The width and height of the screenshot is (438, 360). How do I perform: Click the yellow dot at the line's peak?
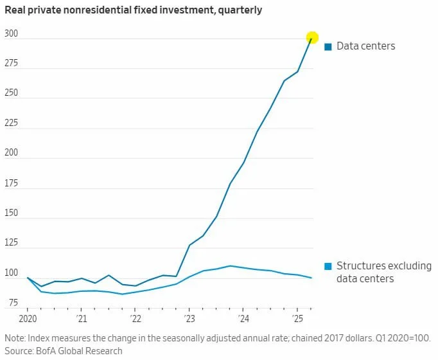point(312,38)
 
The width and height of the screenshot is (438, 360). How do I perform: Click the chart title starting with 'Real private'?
point(133,11)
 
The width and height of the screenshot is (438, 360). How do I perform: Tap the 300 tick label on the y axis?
point(13,33)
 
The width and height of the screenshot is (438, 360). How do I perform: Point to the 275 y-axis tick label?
point(13,64)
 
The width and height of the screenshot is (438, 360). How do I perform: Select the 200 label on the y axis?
point(13,154)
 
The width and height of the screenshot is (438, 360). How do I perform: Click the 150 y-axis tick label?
point(13,213)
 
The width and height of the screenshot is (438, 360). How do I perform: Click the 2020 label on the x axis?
point(28,319)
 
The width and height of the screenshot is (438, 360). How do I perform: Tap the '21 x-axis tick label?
point(82,319)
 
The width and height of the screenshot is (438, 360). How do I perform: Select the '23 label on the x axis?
point(189,319)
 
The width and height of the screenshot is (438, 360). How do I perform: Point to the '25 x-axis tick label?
point(297,319)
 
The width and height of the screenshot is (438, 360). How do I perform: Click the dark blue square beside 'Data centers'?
point(328,46)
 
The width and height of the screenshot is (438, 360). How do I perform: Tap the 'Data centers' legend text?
point(366,46)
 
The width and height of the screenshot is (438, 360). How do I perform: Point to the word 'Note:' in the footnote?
point(16,338)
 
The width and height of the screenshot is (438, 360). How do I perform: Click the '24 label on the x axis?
point(243,319)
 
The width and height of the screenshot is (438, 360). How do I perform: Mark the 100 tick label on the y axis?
point(13,273)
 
